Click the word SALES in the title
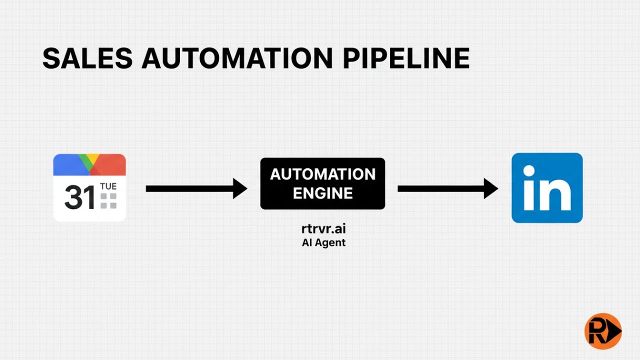pyautogui.click(x=87, y=58)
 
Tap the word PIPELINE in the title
pyautogui.click(x=406, y=58)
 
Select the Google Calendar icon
pyautogui.click(x=89, y=187)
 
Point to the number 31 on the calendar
pyautogui.click(x=79, y=198)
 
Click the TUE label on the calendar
pyautogui.click(x=108, y=186)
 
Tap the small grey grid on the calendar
pyautogui.click(x=108, y=200)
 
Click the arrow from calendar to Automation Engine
pyautogui.click(x=196, y=188)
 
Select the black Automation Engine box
pyautogui.click(x=322, y=183)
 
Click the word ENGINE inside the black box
pyautogui.click(x=322, y=193)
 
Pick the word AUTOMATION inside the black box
pyautogui.click(x=322, y=174)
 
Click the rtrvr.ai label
pyautogui.click(x=323, y=229)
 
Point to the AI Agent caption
pyautogui.click(x=323, y=243)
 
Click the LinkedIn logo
pyautogui.click(x=547, y=188)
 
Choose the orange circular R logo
pyautogui.click(x=602, y=331)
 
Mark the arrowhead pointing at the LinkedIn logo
pyautogui.click(x=491, y=188)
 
